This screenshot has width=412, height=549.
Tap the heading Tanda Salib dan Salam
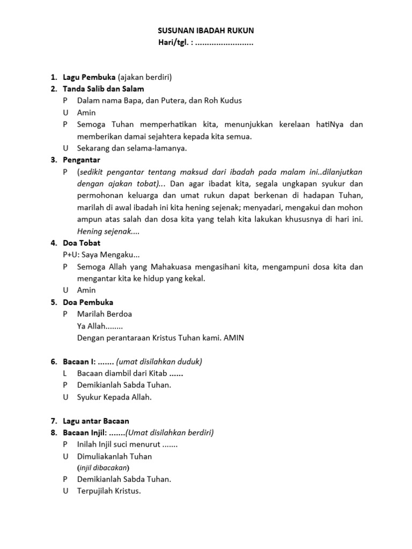(x=103, y=88)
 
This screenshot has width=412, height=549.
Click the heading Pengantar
(x=82, y=160)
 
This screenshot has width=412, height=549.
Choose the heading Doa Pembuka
(x=88, y=302)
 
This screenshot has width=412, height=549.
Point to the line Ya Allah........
(x=100, y=325)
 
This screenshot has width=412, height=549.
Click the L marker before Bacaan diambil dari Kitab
(x=65, y=373)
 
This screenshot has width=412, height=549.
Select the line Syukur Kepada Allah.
(x=115, y=397)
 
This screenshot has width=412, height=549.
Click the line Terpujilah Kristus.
(x=109, y=491)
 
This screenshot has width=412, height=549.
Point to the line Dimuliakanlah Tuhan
(x=115, y=456)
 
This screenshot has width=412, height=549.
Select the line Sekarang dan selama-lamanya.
(x=132, y=148)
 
